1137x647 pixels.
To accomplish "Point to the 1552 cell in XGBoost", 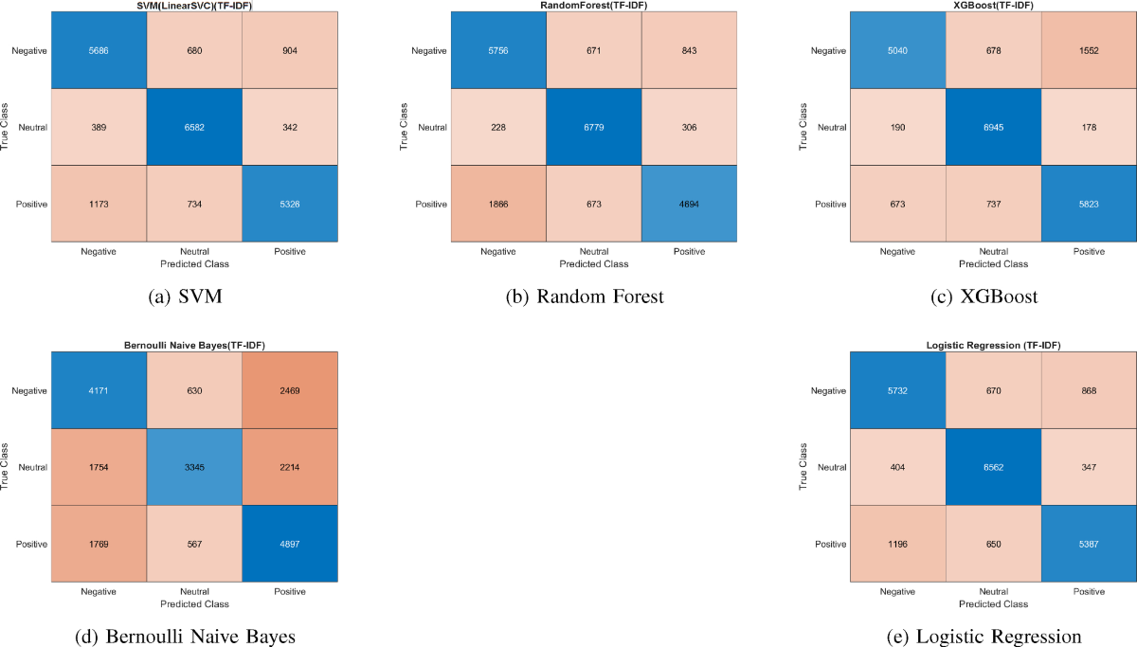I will tap(1088, 49).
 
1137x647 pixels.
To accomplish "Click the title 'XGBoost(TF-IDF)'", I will tap(992, 6).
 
